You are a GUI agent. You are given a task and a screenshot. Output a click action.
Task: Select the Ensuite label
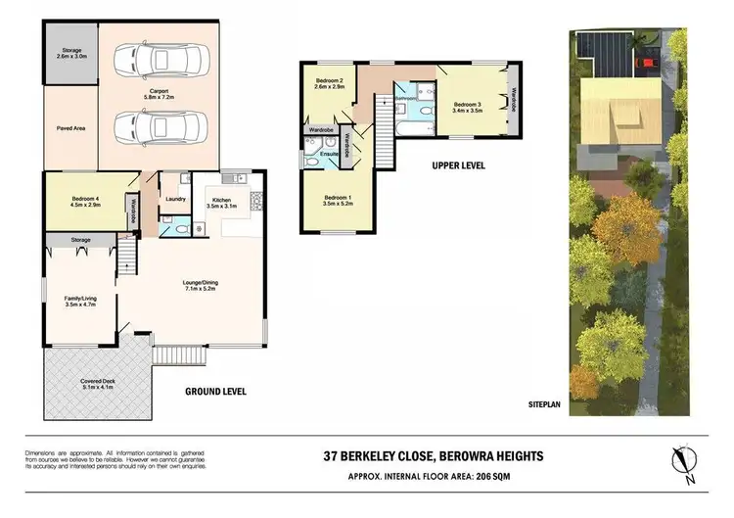click(330, 154)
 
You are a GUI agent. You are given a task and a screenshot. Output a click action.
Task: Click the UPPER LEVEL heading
click(459, 165)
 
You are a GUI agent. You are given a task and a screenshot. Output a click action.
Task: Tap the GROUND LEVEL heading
click(215, 391)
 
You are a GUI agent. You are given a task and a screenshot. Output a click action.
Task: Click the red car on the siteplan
click(647, 66)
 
